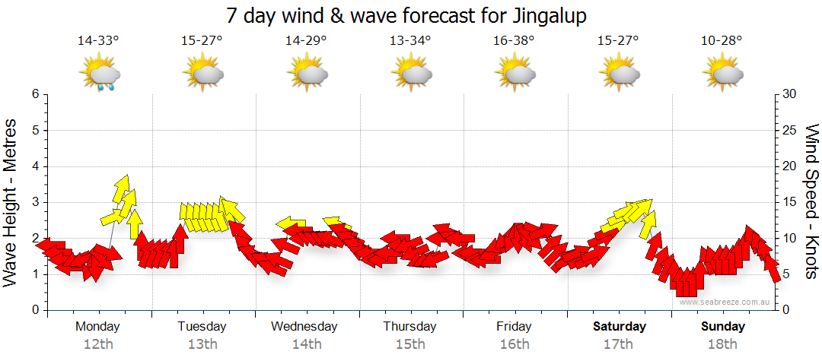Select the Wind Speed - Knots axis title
[811, 202]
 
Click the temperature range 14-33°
[98, 40]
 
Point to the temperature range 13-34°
[410, 40]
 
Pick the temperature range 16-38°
[515, 40]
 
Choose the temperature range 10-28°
[722, 40]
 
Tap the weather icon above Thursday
[412, 74]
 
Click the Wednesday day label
[304, 327]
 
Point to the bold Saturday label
[620, 327]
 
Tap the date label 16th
[515, 344]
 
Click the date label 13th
[202, 344]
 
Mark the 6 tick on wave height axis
[35, 94]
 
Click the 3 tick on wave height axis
[35, 202]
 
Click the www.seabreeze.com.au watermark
[726, 302]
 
